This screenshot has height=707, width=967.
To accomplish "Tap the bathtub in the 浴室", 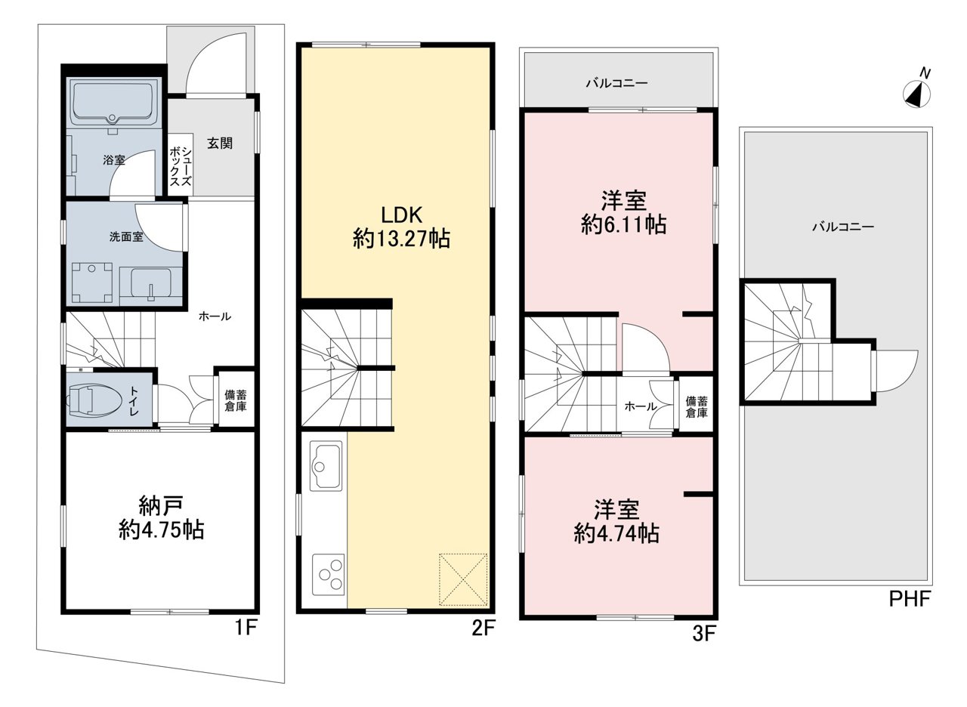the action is (113, 103).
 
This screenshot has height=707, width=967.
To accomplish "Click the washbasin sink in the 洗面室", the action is (150, 282).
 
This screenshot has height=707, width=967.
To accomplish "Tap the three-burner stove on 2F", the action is (328, 573).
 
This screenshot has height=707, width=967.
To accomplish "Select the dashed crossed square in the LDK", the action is (463, 579).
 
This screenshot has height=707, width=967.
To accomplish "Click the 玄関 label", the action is (220, 143).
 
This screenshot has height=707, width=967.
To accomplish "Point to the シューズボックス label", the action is (180, 166).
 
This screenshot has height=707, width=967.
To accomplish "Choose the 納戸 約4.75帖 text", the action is (161, 517).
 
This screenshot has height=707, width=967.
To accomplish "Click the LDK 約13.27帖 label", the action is (401, 227).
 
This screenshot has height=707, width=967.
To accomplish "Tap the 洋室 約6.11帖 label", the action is (623, 212).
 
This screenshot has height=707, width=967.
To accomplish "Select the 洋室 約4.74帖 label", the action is (616, 521).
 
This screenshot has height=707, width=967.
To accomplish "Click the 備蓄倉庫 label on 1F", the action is (235, 400).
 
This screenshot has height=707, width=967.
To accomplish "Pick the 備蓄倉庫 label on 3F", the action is (697, 406).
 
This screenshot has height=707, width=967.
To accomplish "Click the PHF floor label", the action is (909, 599).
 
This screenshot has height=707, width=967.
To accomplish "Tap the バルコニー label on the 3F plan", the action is (617, 83).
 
